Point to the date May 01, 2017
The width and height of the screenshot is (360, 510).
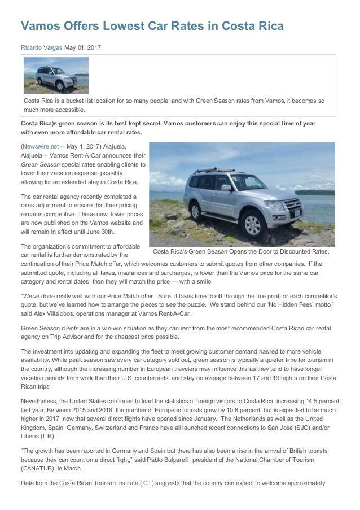84,47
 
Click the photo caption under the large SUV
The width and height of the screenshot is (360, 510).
242,251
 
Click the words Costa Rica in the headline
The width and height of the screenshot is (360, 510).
251,27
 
